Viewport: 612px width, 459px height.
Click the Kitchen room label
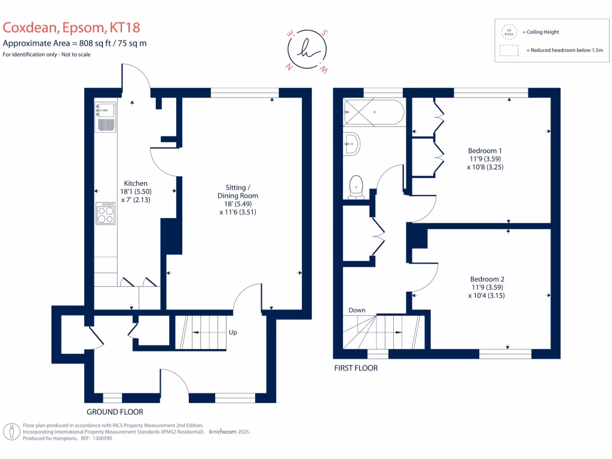(136, 183)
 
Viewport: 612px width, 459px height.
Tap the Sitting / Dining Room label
(238, 195)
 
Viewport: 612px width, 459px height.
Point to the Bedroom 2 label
(487, 279)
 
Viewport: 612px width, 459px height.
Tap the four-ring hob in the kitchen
(106, 213)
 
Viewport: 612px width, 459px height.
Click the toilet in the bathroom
(356, 186)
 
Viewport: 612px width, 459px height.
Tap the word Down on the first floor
(357, 310)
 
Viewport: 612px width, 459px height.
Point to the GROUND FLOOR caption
(115, 412)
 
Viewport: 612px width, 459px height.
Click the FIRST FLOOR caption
(356, 368)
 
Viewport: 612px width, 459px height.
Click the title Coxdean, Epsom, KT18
(72, 27)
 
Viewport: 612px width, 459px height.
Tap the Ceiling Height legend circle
(510, 32)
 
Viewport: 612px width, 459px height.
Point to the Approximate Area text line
(75, 43)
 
